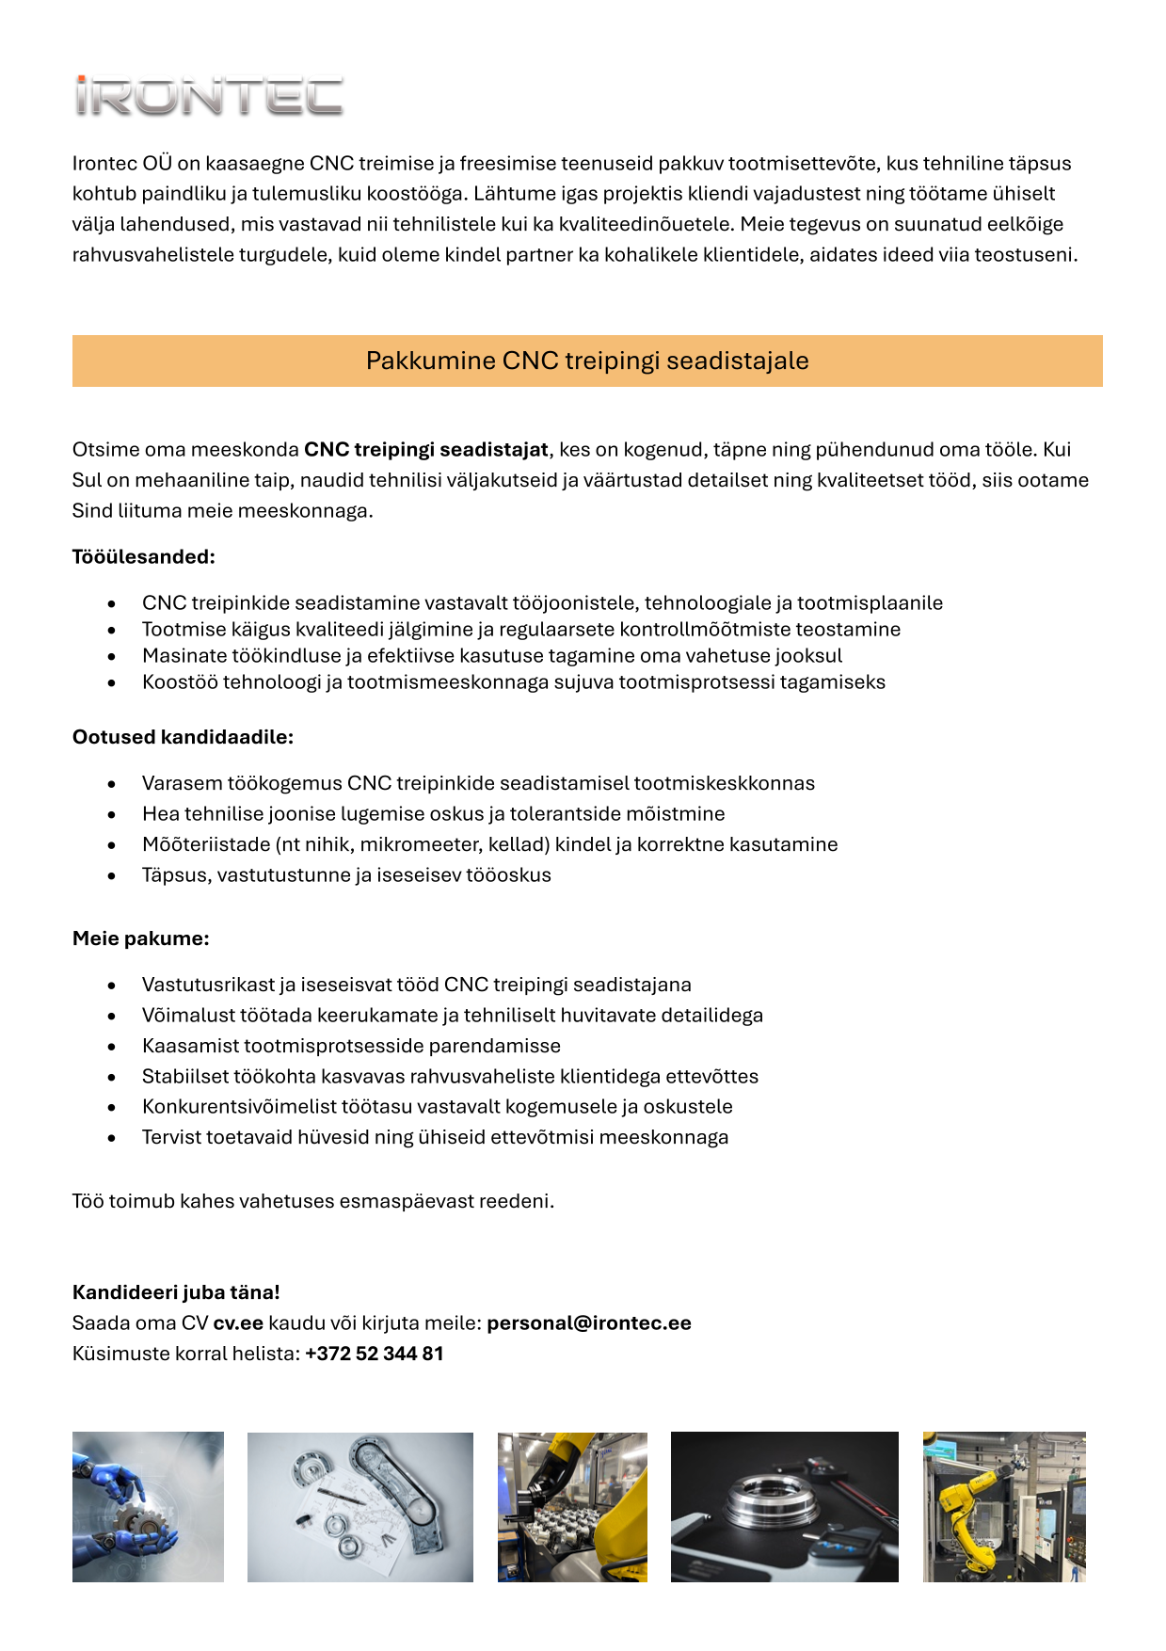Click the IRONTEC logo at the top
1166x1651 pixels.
point(209,97)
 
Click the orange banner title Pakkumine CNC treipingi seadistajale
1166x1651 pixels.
point(587,361)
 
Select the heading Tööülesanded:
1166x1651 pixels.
point(144,556)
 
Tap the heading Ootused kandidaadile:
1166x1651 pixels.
point(183,737)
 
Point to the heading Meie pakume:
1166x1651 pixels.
point(140,938)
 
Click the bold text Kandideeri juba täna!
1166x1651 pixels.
point(176,1292)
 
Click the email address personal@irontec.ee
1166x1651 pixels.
point(588,1322)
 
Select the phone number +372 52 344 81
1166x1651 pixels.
point(374,1354)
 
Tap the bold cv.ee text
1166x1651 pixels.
point(238,1322)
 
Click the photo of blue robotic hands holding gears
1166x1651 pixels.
point(148,1506)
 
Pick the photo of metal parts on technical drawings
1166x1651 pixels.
point(359,1506)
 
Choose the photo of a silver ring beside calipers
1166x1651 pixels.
point(784,1506)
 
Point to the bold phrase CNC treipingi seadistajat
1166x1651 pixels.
point(425,450)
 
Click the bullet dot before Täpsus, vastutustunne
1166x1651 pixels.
point(112,875)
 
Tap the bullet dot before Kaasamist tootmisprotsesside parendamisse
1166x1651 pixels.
point(112,1047)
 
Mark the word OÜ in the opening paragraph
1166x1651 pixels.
point(157,164)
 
